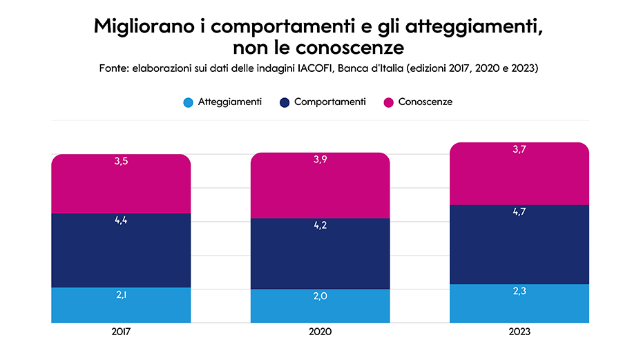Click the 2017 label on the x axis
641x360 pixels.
click(121, 332)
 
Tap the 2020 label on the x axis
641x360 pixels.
click(320, 332)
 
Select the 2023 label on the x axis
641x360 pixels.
click(519, 332)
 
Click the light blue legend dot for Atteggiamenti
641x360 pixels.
click(188, 102)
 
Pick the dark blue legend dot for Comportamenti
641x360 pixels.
click(284, 102)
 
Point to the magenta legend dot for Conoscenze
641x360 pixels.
click(388, 102)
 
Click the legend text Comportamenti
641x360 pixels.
click(329, 102)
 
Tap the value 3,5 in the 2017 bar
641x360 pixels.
click(121, 162)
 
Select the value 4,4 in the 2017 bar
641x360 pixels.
click(121, 220)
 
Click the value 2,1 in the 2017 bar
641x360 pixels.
click(121, 295)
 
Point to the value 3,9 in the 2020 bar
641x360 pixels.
click(320, 160)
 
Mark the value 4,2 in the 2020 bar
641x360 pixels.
click(320, 225)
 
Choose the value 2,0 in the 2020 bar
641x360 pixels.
click(320, 296)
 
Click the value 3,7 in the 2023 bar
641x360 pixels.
click(519, 150)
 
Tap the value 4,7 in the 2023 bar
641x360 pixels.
click(519, 212)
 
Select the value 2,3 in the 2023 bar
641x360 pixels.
click(519, 292)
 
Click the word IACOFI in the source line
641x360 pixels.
click(315, 68)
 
